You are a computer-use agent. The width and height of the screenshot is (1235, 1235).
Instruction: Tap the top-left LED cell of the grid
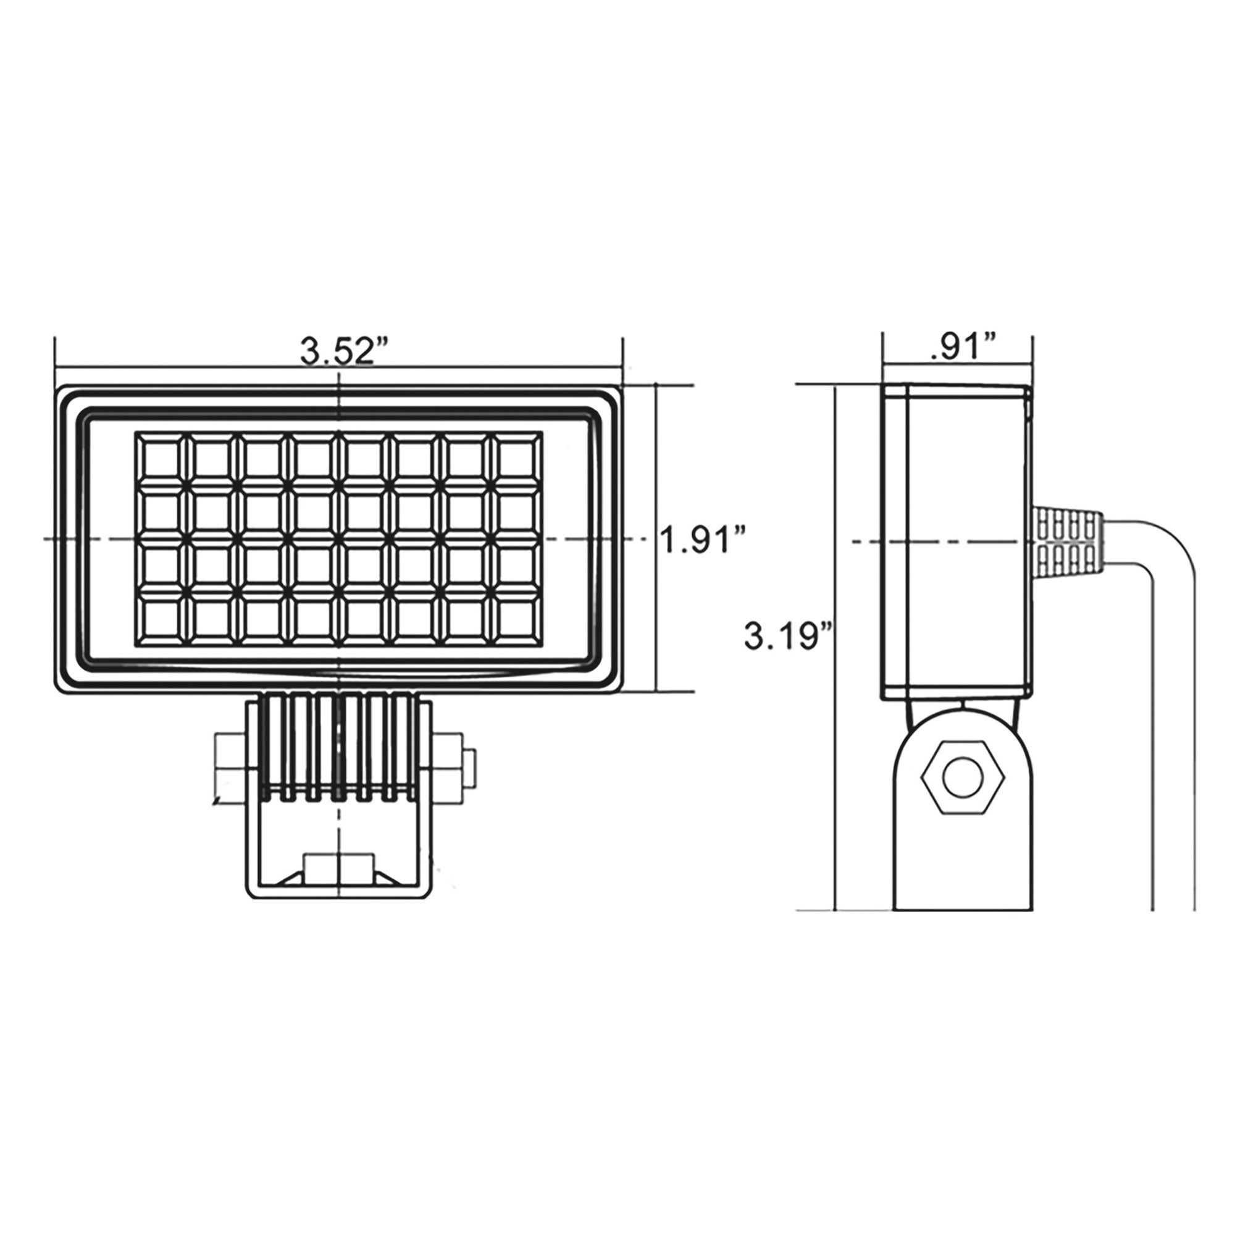pyautogui.click(x=160, y=458)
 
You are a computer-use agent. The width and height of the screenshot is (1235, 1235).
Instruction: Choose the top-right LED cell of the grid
pyautogui.click(x=517, y=458)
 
